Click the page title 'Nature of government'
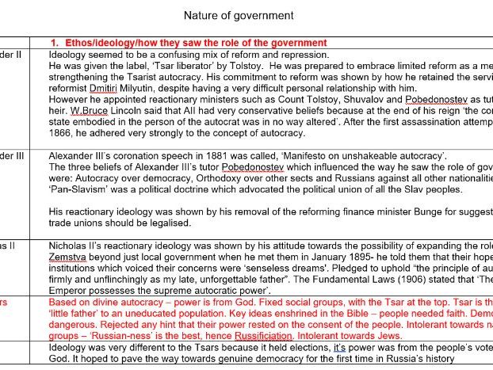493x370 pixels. click(238, 15)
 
